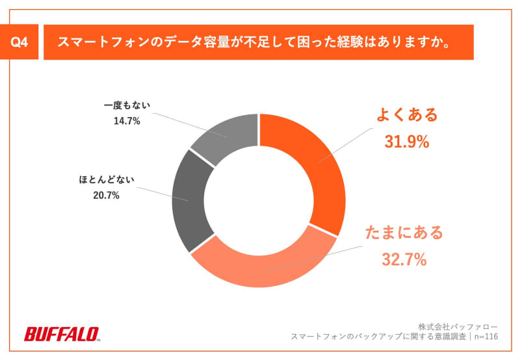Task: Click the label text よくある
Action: coord(408,116)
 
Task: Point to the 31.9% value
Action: coord(408,142)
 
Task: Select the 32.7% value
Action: coord(404,260)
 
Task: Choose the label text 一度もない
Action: coord(126,105)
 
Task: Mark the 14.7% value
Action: coord(126,120)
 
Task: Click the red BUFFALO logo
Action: coord(62,334)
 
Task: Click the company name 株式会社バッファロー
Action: coord(458,326)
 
